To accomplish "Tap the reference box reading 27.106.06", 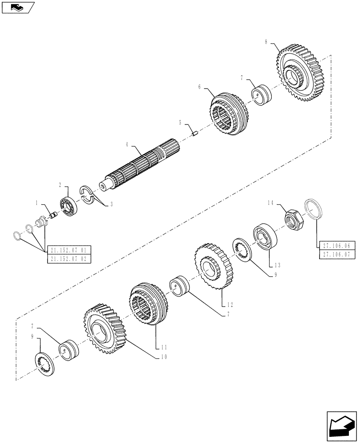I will coord(337,245).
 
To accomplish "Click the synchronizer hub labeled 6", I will coord(227,114).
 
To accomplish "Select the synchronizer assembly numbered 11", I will coord(149,305).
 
